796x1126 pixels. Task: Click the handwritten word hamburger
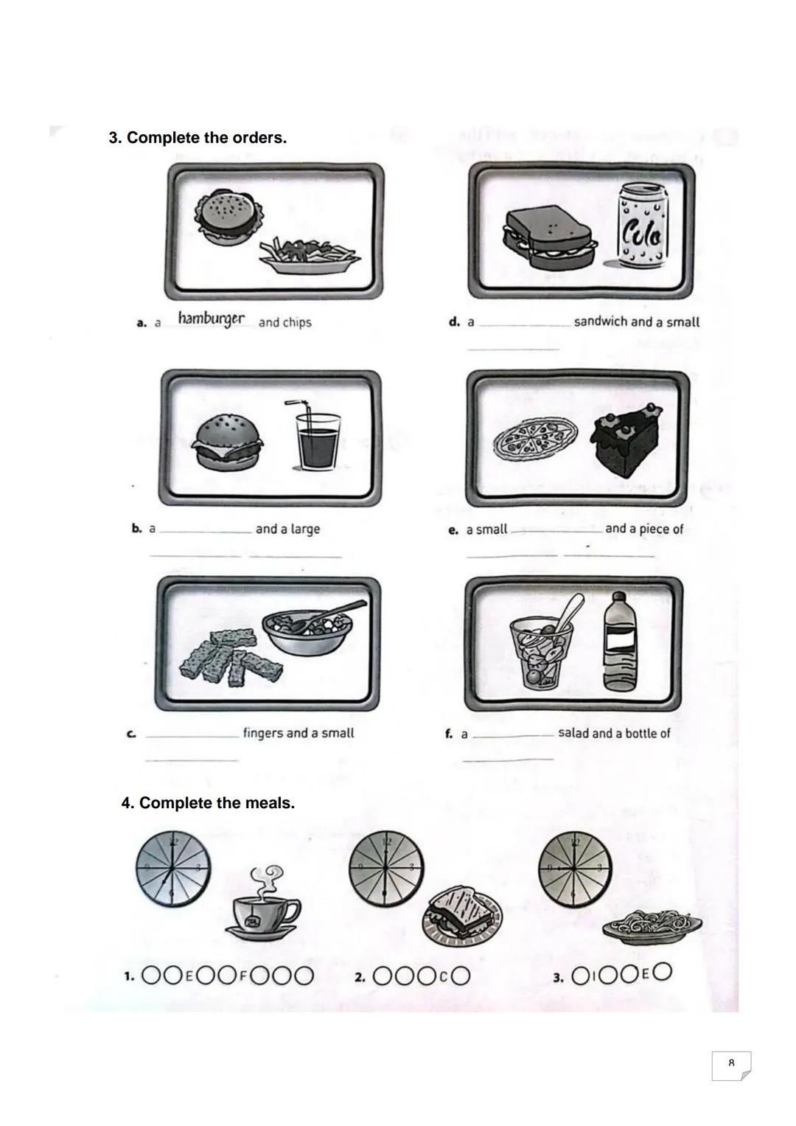pyautogui.click(x=211, y=320)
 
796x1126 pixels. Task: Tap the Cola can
pyautogui.click(x=643, y=225)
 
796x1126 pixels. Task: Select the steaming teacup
pyautogui.click(x=263, y=908)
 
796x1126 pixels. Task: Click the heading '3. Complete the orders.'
pyautogui.click(x=198, y=138)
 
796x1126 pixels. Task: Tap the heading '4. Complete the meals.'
pyautogui.click(x=208, y=803)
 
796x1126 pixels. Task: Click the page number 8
pyautogui.click(x=730, y=1063)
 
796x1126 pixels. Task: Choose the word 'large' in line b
pyautogui.click(x=305, y=529)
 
